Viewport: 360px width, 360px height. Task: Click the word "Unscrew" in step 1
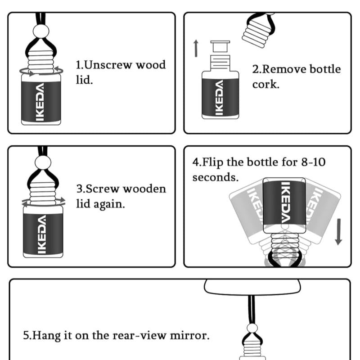(x=108, y=65)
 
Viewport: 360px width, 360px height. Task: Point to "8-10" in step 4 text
(x=313, y=162)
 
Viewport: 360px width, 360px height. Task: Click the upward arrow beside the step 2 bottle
(x=196, y=49)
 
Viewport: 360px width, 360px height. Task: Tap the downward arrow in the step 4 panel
(x=338, y=232)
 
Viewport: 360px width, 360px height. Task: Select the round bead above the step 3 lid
(x=42, y=162)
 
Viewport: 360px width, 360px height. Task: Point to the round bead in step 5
(x=252, y=328)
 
